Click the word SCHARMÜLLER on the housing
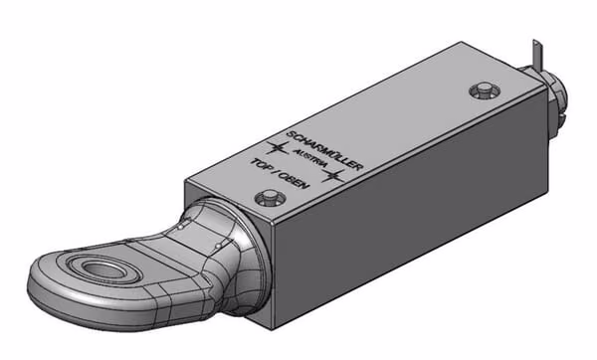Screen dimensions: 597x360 [x=324, y=151]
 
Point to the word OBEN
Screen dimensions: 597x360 [x=298, y=181]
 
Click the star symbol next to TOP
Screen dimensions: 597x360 [x=278, y=147]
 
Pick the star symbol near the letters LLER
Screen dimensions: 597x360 [x=334, y=175]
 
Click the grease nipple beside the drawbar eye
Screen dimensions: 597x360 [x=270, y=198]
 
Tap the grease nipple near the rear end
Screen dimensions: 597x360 [x=484, y=90]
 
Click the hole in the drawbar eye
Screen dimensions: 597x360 [x=105, y=270]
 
